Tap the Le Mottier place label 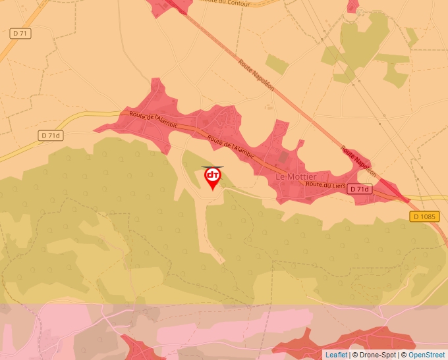coord(296,177)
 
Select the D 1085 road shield coord(424,216)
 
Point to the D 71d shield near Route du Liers coord(359,190)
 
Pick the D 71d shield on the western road coord(50,136)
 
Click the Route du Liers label coord(326,185)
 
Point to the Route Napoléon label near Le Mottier coord(358,161)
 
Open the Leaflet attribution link coord(336,355)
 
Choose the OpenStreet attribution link coord(426,355)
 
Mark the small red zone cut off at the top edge coord(353,5)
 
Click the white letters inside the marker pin coord(213,175)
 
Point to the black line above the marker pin coord(212,167)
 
